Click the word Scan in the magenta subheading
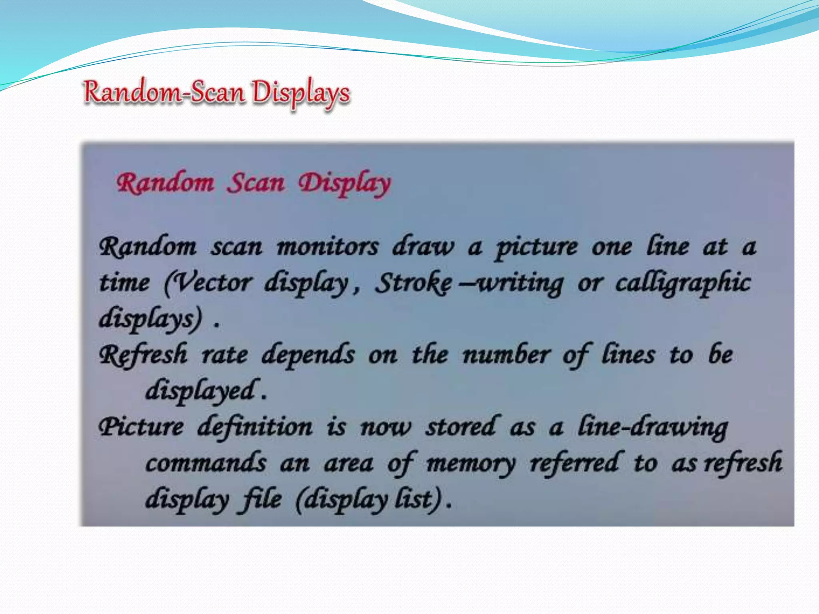(x=256, y=183)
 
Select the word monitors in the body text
(x=328, y=247)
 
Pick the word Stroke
(x=413, y=283)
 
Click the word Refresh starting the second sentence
(x=143, y=355)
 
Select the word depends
(x=308, y=355)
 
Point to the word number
(x=506, y=355)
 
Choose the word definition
(x=255, y=427)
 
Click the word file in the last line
(x=260, y=499)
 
